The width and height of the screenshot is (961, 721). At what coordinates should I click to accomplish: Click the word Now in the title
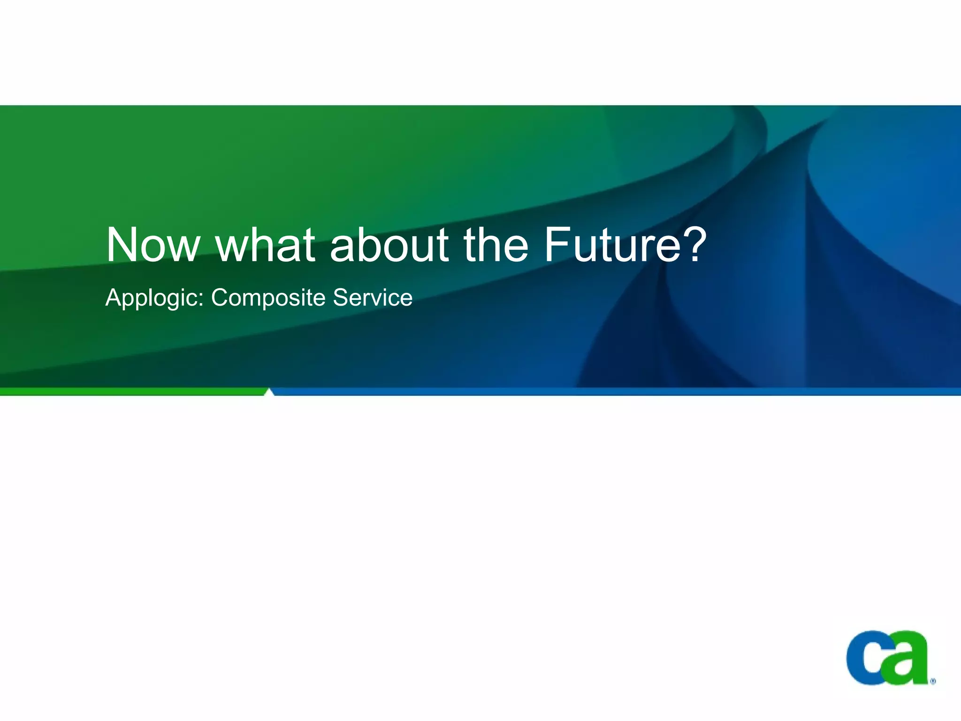tap(153, 245)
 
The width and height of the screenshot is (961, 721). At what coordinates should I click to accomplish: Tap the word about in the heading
tap(389, 245)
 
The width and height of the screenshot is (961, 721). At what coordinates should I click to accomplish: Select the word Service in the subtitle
tap(373, 298)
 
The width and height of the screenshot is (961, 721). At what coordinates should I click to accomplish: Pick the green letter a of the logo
tap(907, 657)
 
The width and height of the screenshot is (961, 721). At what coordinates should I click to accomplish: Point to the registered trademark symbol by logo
tap(933, 681)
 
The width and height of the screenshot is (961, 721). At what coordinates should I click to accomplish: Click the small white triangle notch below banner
tap(269, 392)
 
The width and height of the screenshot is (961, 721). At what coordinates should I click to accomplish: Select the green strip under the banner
tap(131, 391)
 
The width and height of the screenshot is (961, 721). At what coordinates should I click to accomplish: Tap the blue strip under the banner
tap(610, 391)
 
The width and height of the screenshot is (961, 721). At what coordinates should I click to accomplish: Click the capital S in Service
tap(341, 298)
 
